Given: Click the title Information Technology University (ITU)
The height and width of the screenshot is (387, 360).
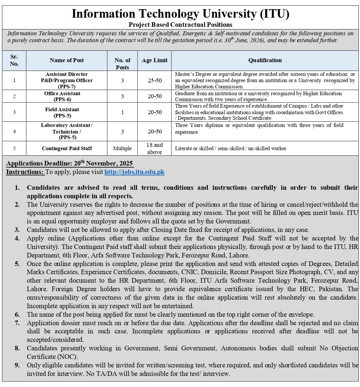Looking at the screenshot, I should point(180,14).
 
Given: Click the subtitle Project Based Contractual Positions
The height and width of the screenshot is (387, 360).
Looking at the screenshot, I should point(180,25).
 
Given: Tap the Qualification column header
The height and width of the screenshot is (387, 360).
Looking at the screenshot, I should point(265,60).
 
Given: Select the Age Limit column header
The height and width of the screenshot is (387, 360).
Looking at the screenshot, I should point(154,60).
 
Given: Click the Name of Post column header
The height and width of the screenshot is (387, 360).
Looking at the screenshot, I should point(67,60).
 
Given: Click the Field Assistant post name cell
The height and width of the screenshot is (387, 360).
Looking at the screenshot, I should point(62,112).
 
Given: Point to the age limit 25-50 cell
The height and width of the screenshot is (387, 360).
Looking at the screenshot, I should point(154,80).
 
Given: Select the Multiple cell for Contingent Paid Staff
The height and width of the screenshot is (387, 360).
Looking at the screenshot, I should point(122,149).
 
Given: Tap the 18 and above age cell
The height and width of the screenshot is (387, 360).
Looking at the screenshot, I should point(154,149).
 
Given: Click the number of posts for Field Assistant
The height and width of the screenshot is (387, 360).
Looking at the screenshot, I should point(122,112).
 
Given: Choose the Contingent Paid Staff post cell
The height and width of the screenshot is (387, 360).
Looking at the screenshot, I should point(67,149).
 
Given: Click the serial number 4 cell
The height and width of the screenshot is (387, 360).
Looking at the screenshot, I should point(14,132).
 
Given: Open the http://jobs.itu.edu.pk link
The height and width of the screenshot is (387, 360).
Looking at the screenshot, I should point(134,172).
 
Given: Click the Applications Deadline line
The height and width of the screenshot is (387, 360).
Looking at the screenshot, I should point(69,164).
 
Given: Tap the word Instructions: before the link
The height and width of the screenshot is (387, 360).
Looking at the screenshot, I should point(25,172).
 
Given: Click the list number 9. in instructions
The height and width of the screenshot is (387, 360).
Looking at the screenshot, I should point(17,365).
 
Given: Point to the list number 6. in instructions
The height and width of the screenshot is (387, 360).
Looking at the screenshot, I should point(17,314).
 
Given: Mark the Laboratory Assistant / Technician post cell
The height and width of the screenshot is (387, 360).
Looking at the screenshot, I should point(67,132).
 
